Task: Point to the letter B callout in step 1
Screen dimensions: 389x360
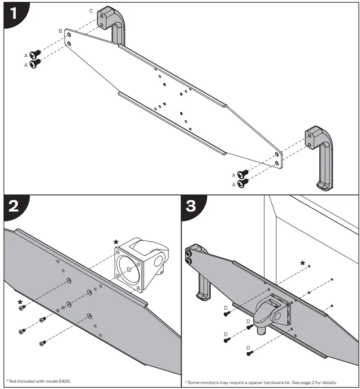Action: [x=60, y=31]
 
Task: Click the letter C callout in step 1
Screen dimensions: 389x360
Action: [x=91, y=10]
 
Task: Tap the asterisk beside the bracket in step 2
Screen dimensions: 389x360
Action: [x=116, y=243]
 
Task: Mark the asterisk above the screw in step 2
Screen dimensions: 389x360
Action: [x=20, y=302]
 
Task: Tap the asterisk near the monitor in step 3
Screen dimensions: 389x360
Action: [x=303, y=263]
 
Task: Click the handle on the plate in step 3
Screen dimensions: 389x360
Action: [x=199, y=273]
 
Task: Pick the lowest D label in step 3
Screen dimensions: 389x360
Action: [x=247, y=347]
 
